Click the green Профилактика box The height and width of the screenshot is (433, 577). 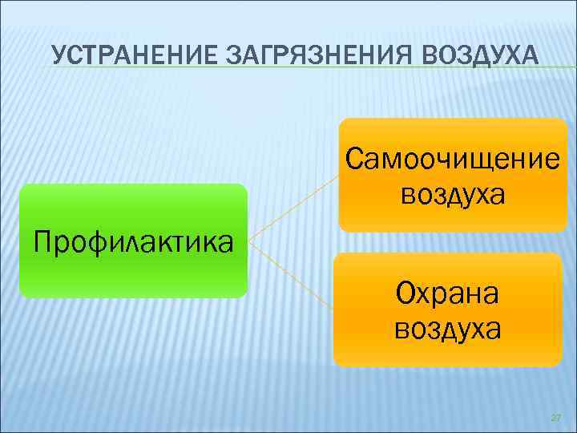tap(133, 273)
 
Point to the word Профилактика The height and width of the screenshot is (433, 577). tap(133, 239)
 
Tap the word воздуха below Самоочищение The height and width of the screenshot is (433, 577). tap(453, 193)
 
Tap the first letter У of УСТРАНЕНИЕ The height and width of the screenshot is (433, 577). tap(57, 55)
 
